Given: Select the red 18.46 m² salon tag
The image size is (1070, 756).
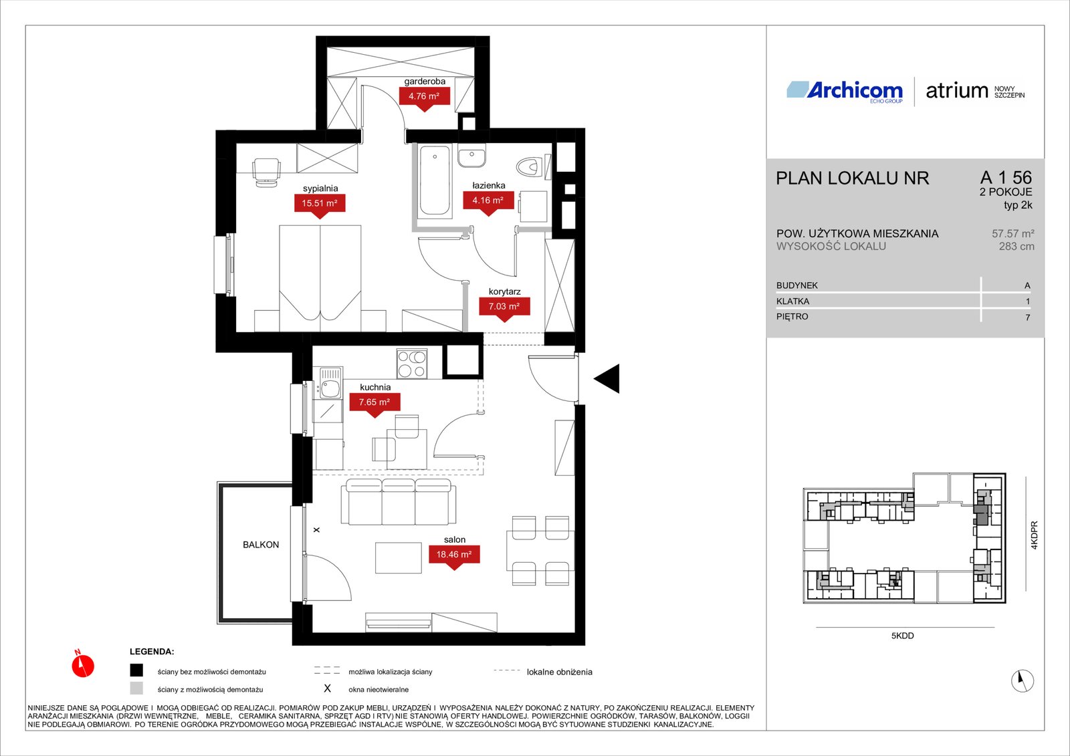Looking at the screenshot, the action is [454, 556].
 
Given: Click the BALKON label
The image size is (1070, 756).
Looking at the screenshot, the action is [261, 544].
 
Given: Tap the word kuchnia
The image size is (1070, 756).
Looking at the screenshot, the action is [375, 387].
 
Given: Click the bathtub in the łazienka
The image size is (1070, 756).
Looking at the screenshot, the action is [435, 180].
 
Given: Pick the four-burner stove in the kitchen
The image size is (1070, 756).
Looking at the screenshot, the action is [412, 364].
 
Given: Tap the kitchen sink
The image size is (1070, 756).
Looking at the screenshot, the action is [330, 384].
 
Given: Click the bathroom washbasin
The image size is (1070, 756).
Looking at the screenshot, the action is [472, 156].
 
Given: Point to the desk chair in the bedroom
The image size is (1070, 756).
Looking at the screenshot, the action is [265, 172].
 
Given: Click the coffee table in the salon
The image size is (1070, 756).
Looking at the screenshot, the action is [399, 557].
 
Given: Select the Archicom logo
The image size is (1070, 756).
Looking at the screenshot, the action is [845, 92].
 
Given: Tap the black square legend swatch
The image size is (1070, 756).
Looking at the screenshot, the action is [136, 670].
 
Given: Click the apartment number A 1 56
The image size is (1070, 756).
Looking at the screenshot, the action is [1006, 178].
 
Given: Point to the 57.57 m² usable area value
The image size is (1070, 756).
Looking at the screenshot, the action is [1012, 233].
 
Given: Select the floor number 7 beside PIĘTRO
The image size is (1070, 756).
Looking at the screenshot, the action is [1027, 317].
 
